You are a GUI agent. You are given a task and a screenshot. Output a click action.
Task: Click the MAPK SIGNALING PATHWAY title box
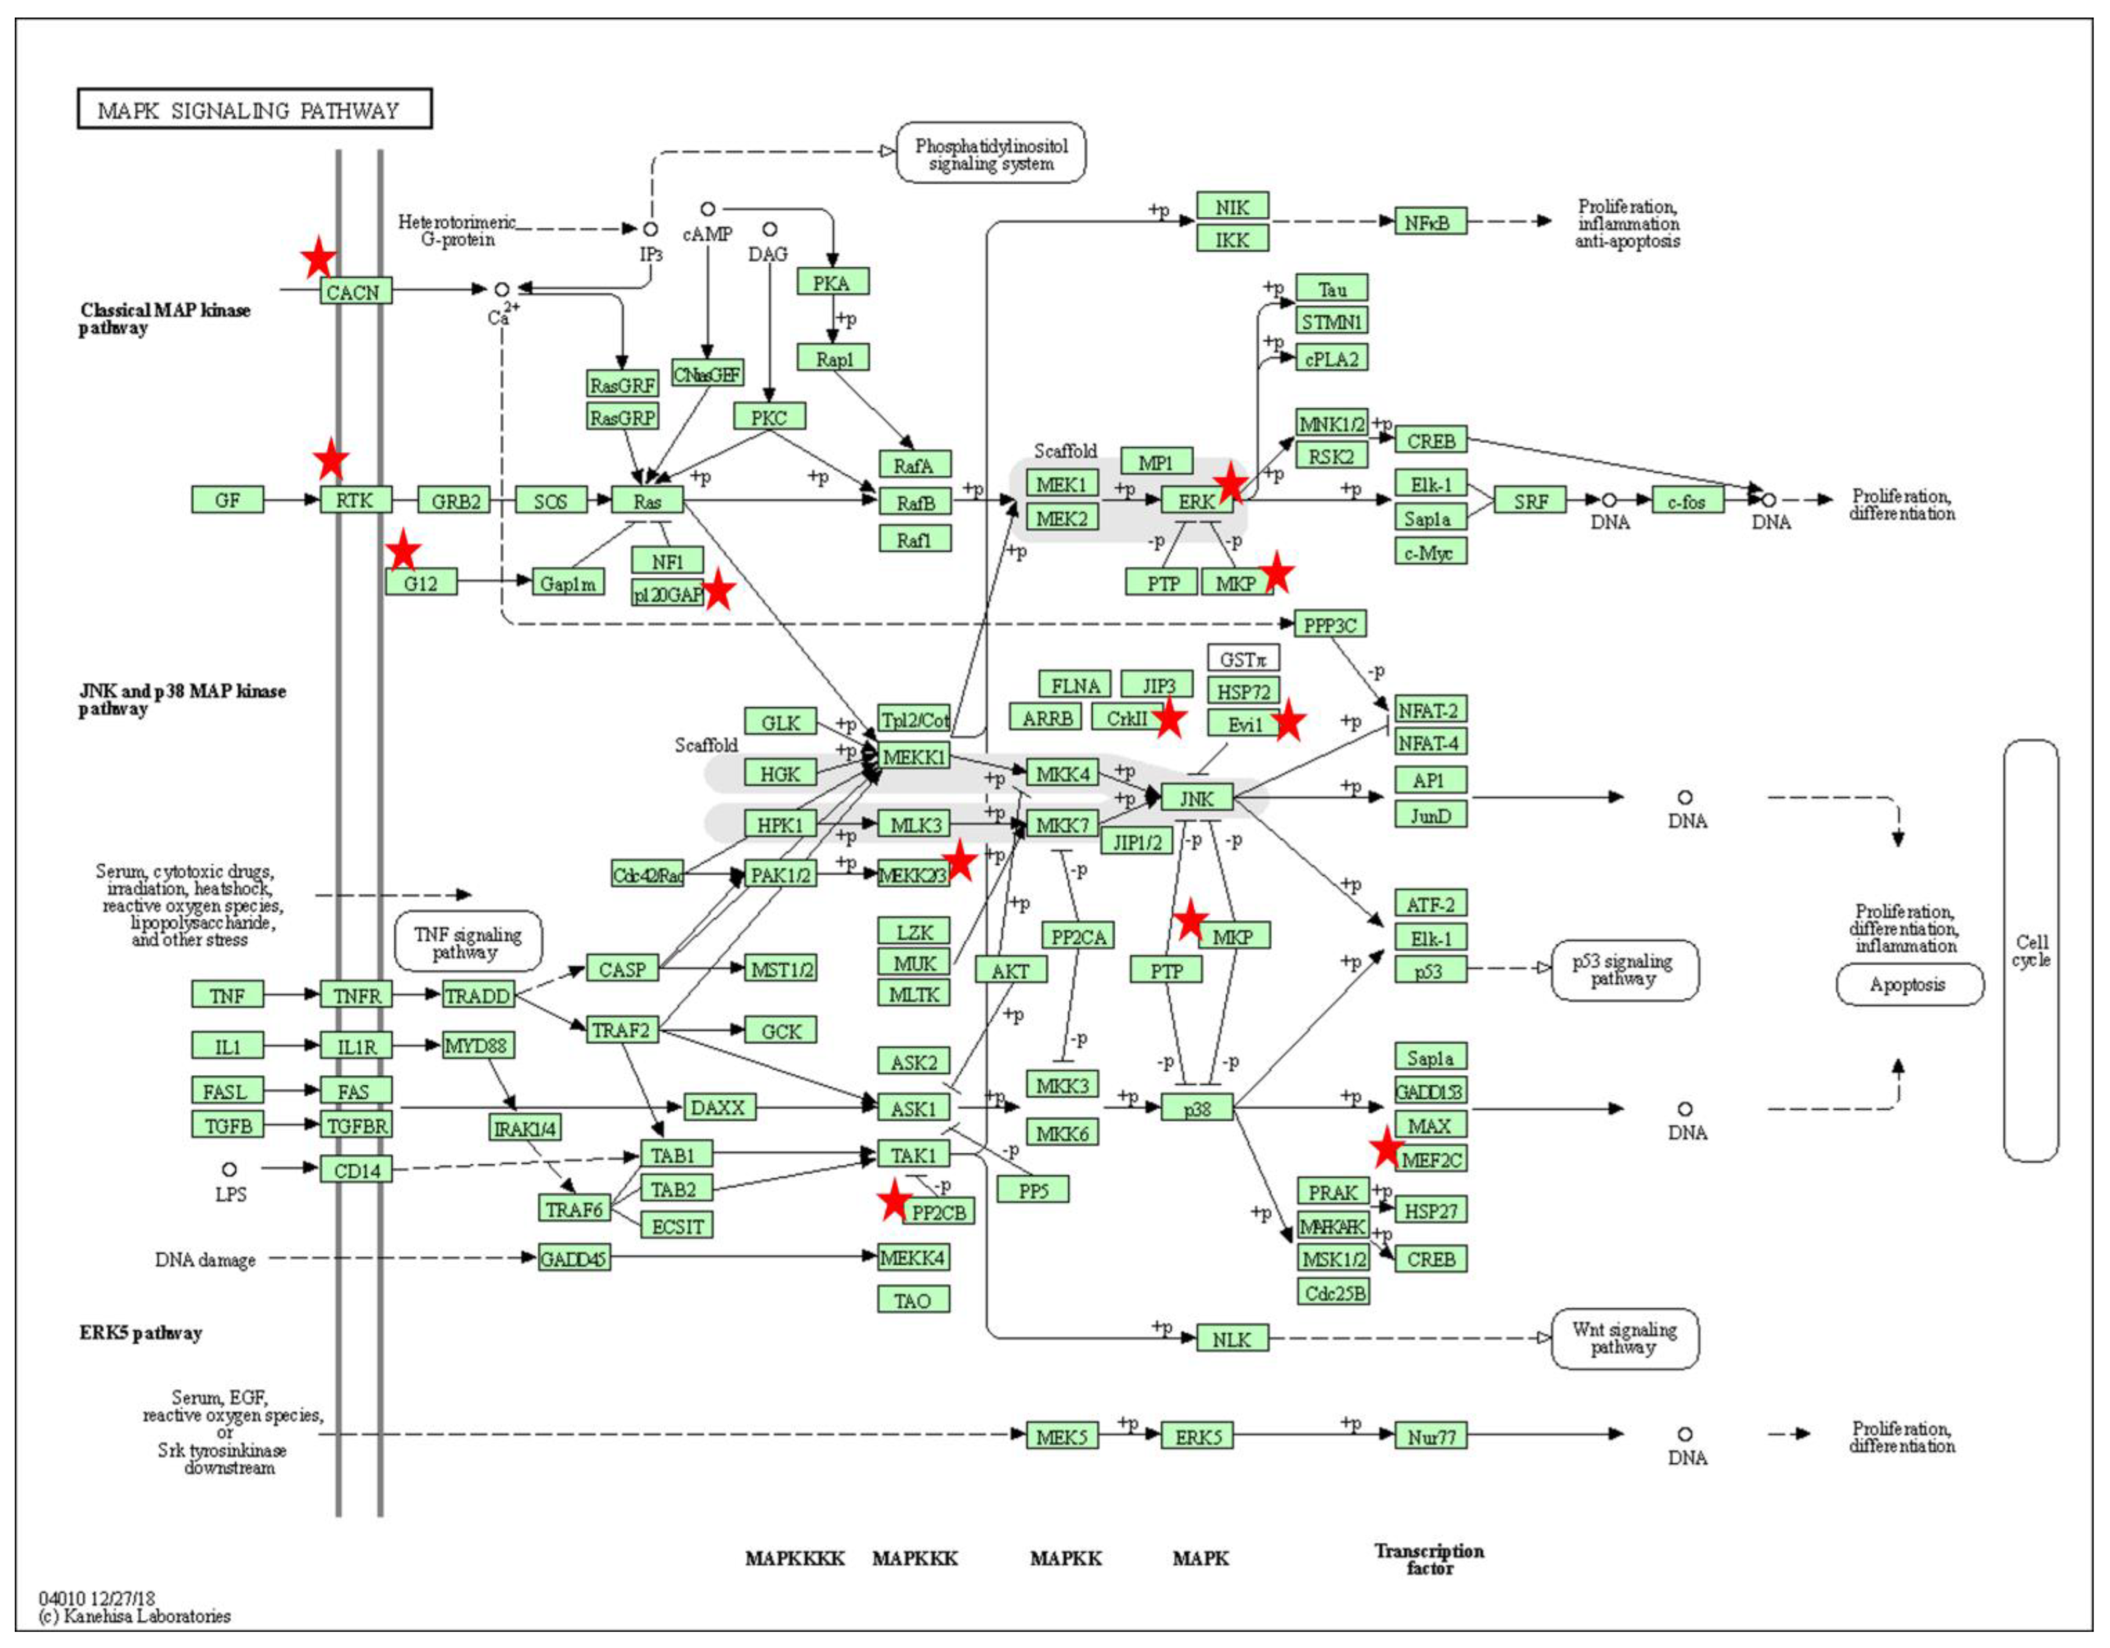[x=254, y=109]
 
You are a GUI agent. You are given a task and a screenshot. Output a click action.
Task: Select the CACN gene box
[x=355, y=292]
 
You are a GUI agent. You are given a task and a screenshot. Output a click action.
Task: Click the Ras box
[x=647, y=500]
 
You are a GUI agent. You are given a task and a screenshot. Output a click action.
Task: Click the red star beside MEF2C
[x=1387, y=1148]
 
